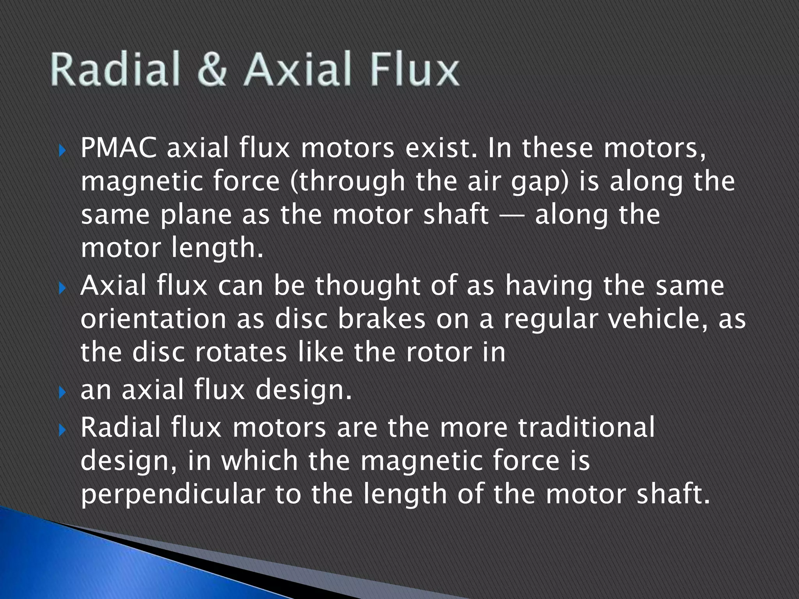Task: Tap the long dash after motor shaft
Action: tap(511, 216)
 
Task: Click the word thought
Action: tap(368, 285)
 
